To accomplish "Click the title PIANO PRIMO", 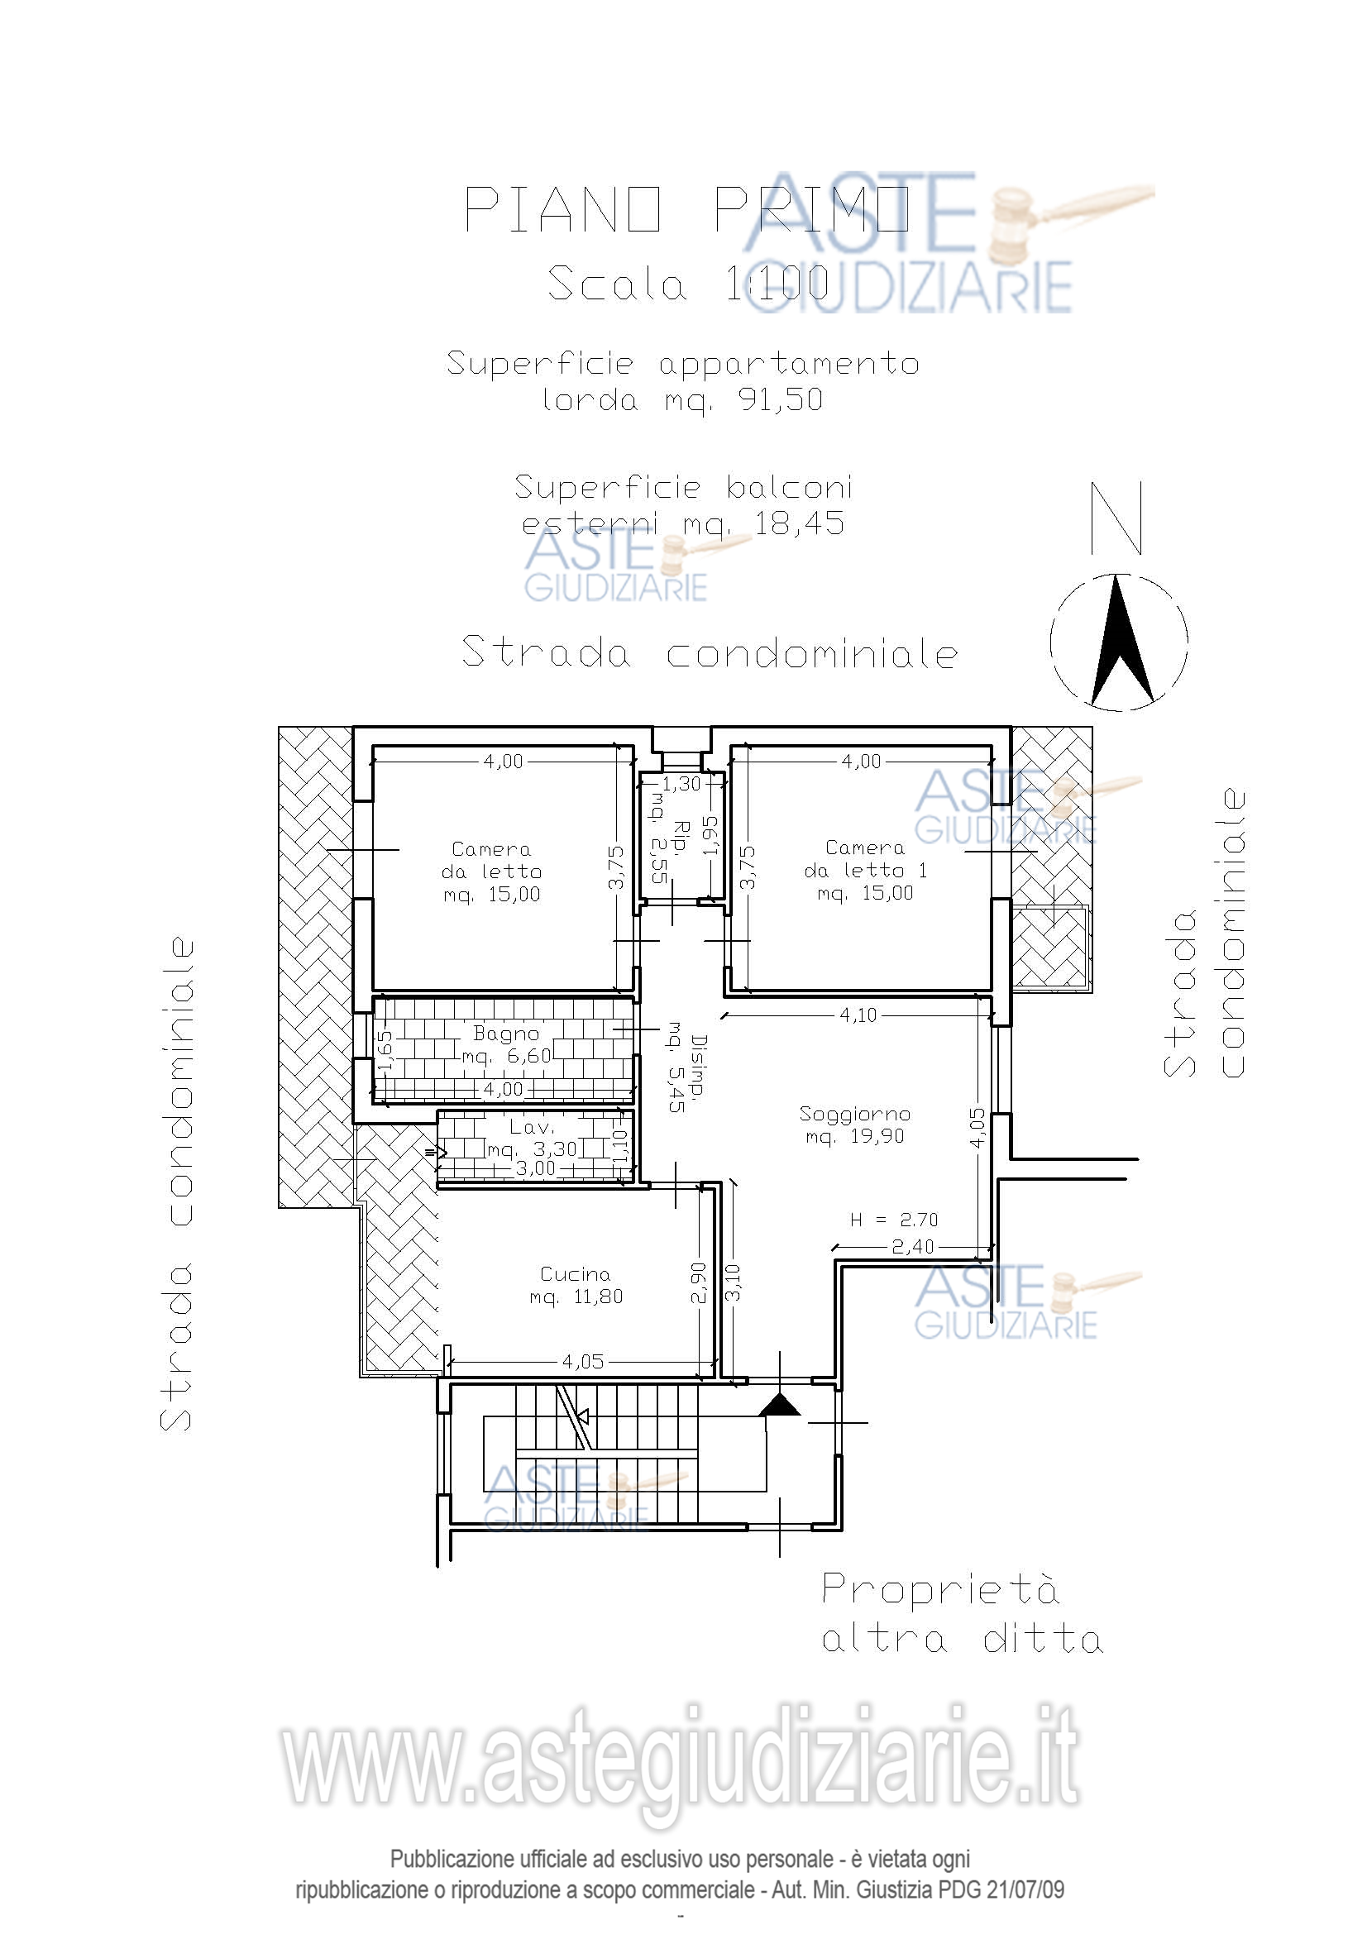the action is coord(687,209).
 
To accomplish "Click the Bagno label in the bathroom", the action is coord(506,1033).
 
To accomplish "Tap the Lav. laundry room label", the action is coord(532,1127).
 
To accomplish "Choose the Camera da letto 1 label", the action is coord(865,870).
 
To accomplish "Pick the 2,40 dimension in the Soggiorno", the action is coord(913,1246).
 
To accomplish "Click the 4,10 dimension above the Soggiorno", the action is coord(858,1015).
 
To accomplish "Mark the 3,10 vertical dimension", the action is coord(733,1283).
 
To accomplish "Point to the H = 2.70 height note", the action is coord(894,1220).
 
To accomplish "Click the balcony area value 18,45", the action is coord(799,524).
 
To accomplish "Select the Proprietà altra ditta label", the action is coord(963,1614).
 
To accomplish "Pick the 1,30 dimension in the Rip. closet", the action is coord(681,784).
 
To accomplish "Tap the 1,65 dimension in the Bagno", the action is coord(383,1050).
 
